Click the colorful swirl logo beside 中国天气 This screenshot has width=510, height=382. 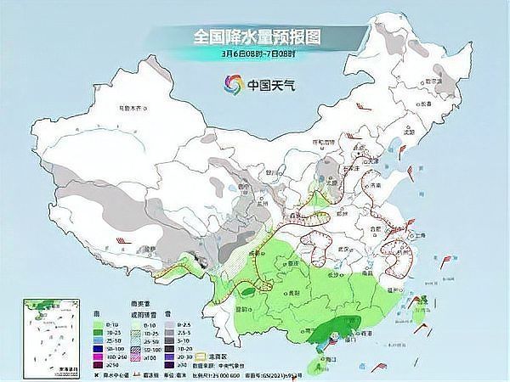tap(232, 84)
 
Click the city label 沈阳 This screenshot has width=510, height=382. tap(409, 132)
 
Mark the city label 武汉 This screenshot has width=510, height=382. tap(344, 248)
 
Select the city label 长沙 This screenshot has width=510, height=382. tap(334, 274)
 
